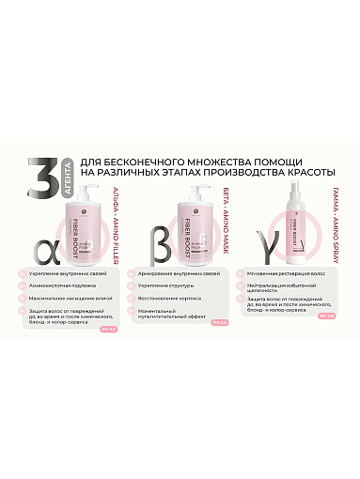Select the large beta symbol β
click(155, 228)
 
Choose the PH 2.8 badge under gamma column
click(325, 317)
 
